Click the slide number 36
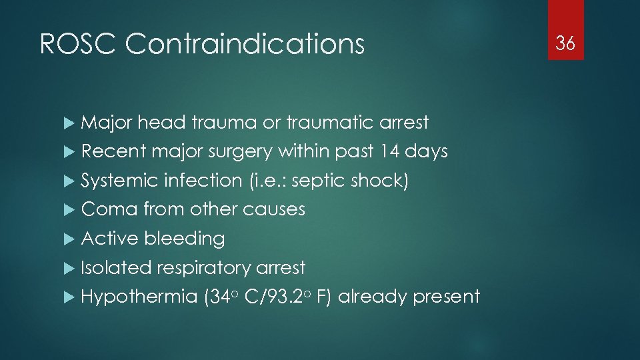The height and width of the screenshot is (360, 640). [x=565, y=44]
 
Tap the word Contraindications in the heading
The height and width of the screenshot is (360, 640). [x=245, y=45]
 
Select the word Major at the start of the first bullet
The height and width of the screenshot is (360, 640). [x=107, y=123]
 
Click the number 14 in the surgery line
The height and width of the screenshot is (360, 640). [x=393, y=151]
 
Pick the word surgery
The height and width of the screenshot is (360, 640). [x=239, y=152]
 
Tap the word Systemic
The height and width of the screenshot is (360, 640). [x=119, y=181]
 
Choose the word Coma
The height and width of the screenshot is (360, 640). [x=109, y=209]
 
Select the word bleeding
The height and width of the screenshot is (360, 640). [x=184, y=239]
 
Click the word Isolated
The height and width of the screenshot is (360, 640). [x=115, y=267]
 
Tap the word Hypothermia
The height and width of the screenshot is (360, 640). [x=137, y=297]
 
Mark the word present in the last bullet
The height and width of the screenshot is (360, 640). [x=446, y=297]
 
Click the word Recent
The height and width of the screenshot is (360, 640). [x=113, y=151]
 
